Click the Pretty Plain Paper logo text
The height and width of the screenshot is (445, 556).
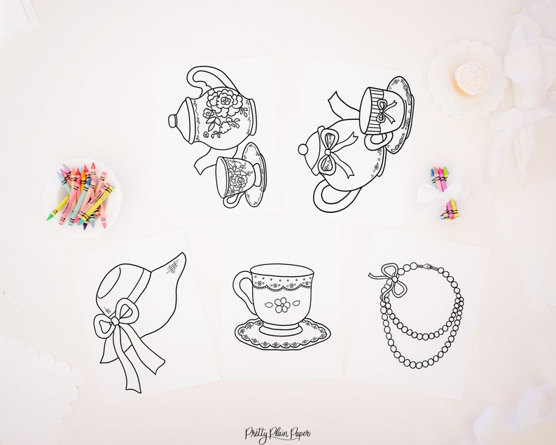click(277, 434)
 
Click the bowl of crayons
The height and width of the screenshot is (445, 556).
click(81, 196)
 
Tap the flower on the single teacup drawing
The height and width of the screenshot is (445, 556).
click(282, 305)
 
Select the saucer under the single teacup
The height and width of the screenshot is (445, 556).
click(282, 337)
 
